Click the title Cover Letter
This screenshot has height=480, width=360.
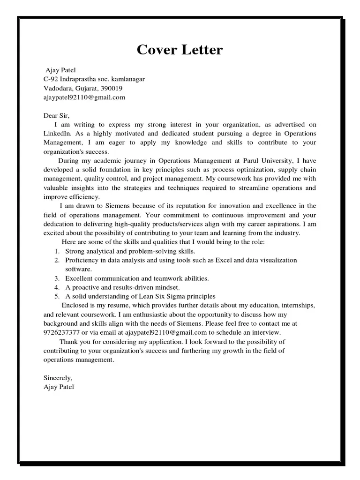180,50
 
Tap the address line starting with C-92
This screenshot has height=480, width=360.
94,79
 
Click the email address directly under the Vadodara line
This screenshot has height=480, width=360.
84,97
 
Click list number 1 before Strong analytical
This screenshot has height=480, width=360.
56,251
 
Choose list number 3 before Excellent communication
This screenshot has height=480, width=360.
56,278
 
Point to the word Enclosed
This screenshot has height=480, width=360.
75,306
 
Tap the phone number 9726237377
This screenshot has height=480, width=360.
62,333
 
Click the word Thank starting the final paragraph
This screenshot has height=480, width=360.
68,342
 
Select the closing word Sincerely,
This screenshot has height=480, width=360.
58,378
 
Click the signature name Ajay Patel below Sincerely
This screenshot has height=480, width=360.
59,387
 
